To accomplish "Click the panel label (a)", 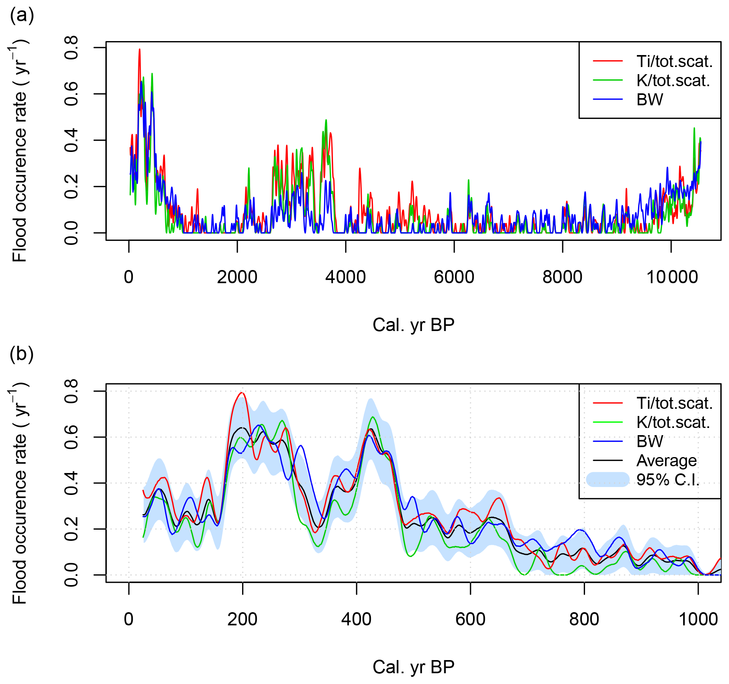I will (x=22, y=16).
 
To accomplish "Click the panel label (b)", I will (x=22, y=354).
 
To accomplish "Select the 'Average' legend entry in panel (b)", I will (x=666, y=461).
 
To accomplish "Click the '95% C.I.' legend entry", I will (x=668, y=480).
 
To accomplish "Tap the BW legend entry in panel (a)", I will (x=650, y=100).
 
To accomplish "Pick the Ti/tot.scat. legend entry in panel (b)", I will (x=674, y=403).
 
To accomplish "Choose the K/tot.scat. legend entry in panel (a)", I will (x=673, y=81).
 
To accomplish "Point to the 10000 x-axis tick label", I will (x=672, y=277).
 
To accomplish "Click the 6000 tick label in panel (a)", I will (x=454, y=277).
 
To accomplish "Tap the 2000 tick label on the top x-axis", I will (x=237, y=277).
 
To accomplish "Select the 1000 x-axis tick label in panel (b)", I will (x=698, y=619).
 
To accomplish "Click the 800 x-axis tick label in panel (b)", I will (x=584, y=619).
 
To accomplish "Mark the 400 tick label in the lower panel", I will (x=356, y=619).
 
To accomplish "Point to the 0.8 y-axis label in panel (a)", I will (x=72, y=47).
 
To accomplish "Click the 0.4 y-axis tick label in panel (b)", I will (x=72, y=483).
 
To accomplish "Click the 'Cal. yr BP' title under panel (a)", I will (x=414, y=325).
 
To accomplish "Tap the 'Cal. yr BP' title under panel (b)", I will (x=414, y=667).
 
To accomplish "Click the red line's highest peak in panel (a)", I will (x=140, y=49).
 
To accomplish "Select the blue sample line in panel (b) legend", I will (x=608, y=442).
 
